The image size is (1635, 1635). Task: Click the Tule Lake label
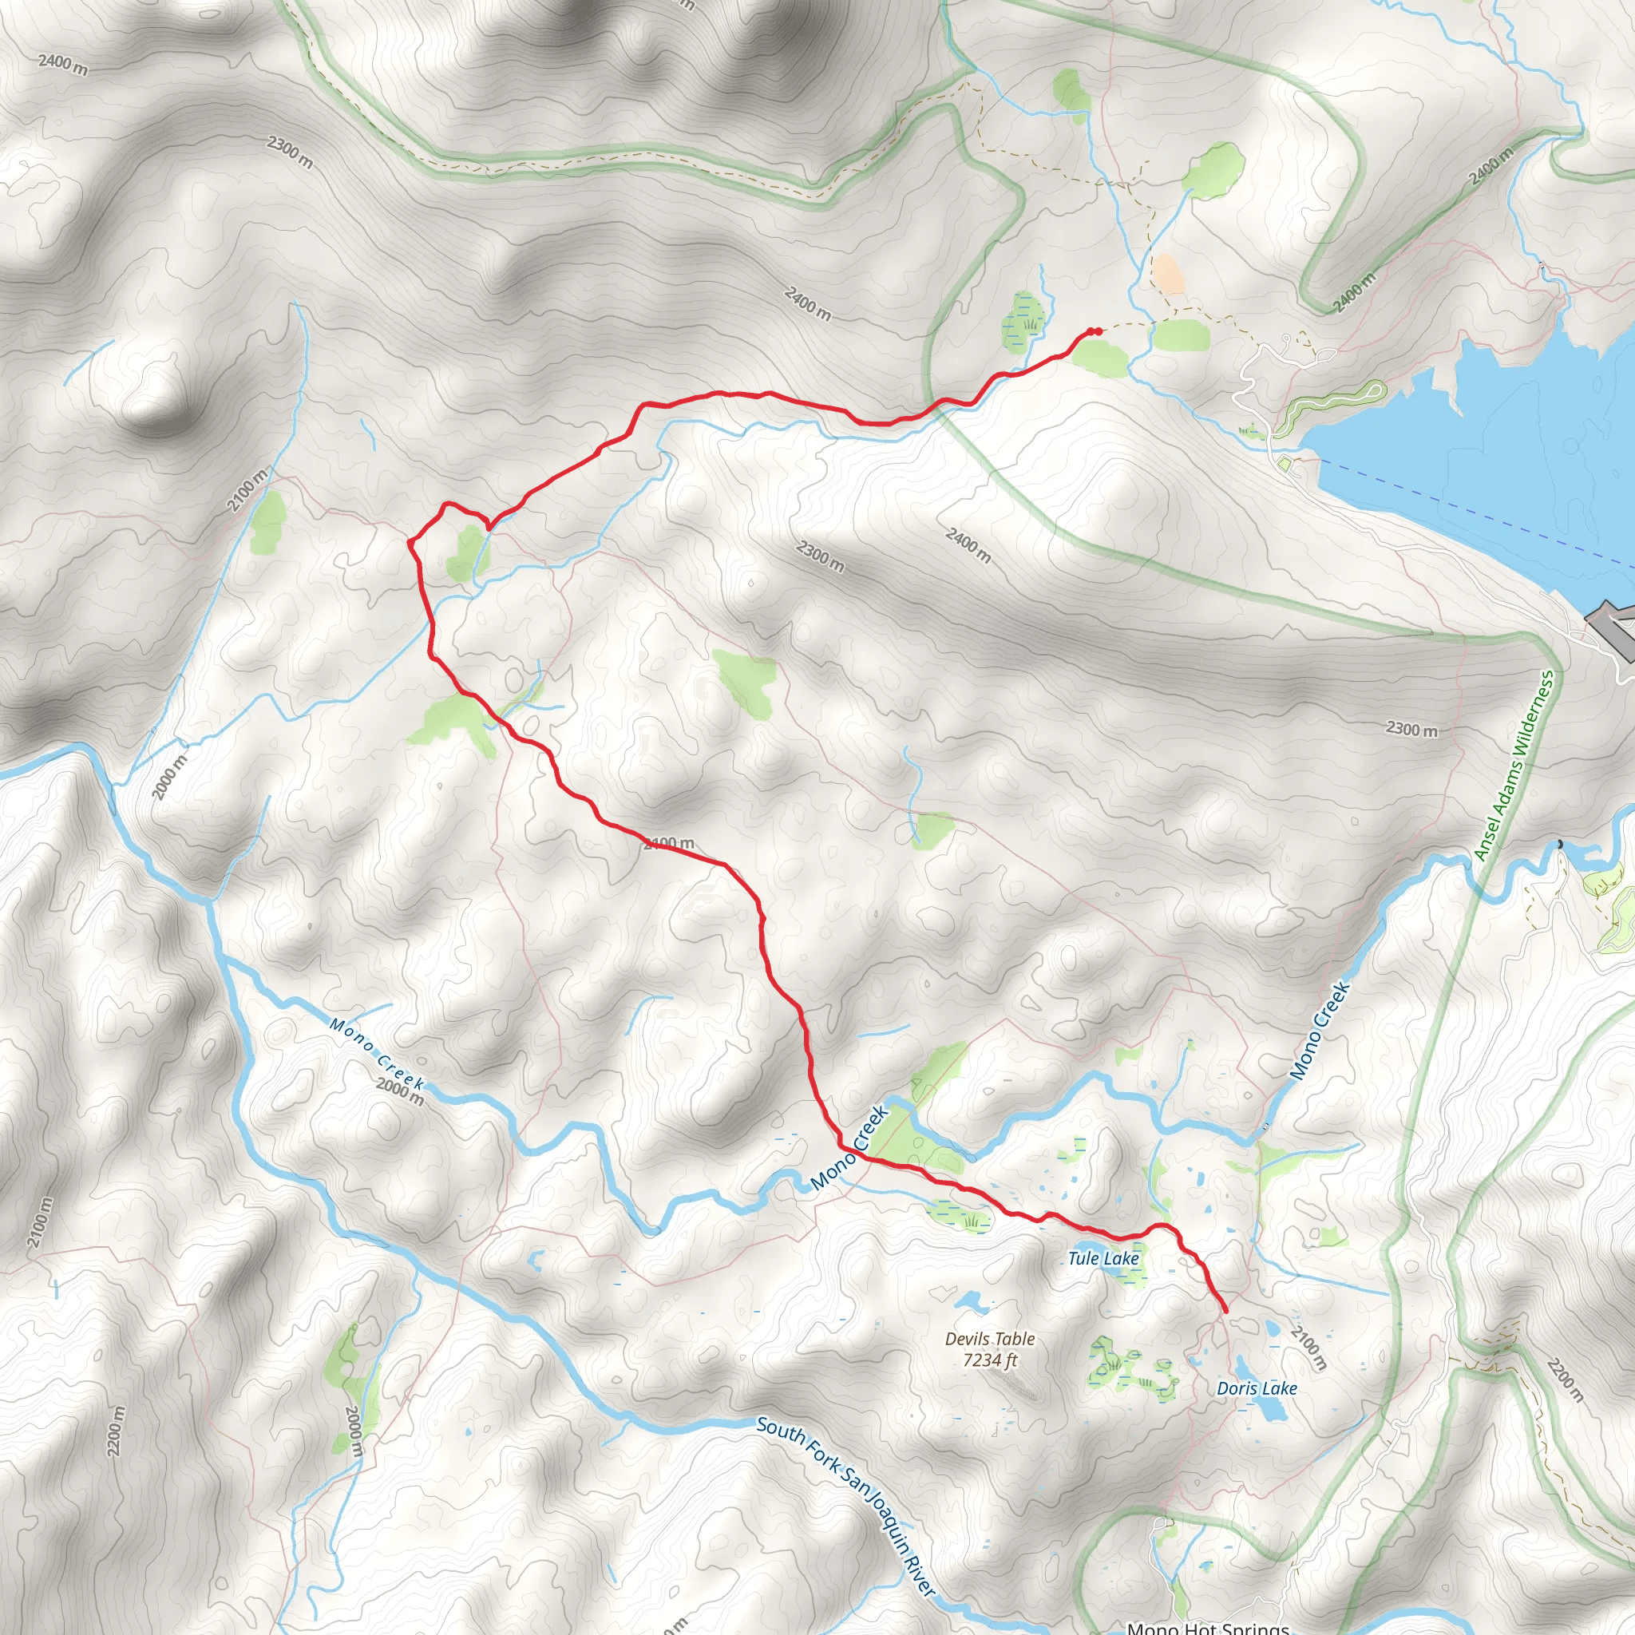click(1103, 1258)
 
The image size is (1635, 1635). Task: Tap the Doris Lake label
click(1256, 1388)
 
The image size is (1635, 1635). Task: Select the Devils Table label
click(989, 1338)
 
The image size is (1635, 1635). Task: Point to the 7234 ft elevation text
click(989, 1360)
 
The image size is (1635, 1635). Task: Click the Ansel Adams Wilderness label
click(1514, 766)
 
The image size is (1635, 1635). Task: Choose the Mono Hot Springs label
click(1208, 1627)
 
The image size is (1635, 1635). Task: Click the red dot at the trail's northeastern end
click(1097, 331)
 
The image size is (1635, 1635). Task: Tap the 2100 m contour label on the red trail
click(668, 843)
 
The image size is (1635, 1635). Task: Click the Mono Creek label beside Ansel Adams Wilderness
click(1320, 1030)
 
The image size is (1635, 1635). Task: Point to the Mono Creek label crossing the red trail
click(849, 1148)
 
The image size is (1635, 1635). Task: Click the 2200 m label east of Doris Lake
click(1564, 1380)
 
